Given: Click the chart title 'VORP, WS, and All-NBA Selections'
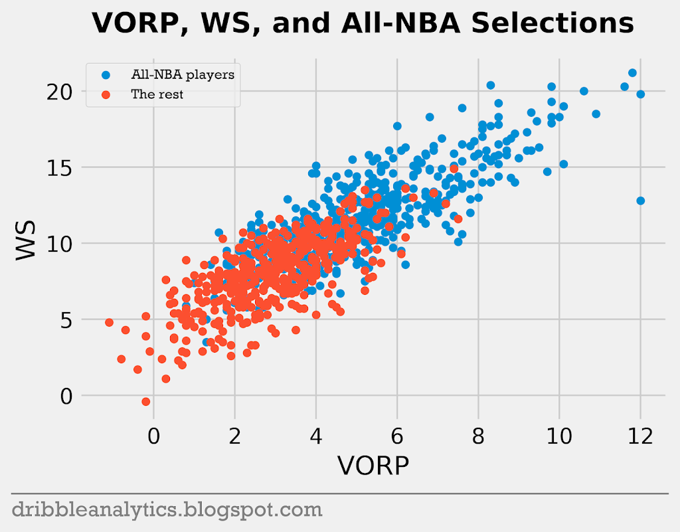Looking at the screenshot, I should pyautogui.click(x=363, y=24).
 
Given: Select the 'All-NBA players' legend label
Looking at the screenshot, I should pyautogui.click(x=183, y=74).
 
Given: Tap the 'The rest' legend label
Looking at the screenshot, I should pyautogui.click(x=157, y=94).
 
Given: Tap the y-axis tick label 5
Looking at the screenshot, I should pyautogui.click(x=64, y=319).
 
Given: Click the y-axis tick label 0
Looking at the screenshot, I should pyautogui.click(x=64, y=396).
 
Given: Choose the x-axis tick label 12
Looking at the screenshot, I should pyautogui.click(x=640, y=436).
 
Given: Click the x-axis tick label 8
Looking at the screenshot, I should pyautogui.click(x=478, y=436).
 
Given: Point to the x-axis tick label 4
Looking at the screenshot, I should pyautogui.click(x=316, y=436).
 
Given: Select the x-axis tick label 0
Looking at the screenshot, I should pyautogui.click(x=154, y=436).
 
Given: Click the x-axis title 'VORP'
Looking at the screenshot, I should pyautogui.click(x=373, y=466).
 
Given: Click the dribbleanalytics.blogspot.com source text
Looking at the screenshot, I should pyautogui.click(x=167, y=510).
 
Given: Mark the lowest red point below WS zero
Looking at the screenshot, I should pyautogui.click(x=146, y=401).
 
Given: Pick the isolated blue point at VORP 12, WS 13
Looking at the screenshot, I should pyautogui.click(x=640, y=201).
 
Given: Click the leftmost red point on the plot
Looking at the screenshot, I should pyautogui.click(x=110, y=322).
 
